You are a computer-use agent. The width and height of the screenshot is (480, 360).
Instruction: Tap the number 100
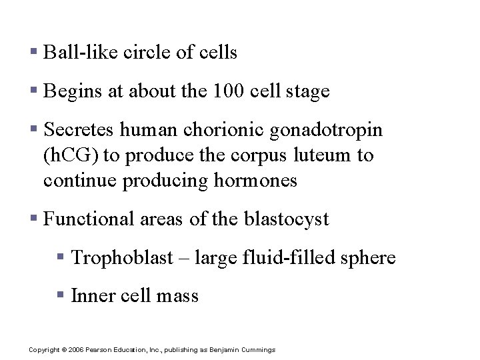pyautogui.click(x=227, y=91)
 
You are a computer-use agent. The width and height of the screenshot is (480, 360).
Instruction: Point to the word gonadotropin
pyautogui.click(x=326, y=130)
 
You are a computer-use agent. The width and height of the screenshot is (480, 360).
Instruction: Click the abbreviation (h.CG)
pyautogui.click(x=71, y=155)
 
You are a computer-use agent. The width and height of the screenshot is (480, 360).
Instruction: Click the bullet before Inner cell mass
pyautogui.click(x=61, y=295)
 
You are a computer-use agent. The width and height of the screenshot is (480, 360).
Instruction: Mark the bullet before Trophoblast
pyautogui.click(x=61, y=257)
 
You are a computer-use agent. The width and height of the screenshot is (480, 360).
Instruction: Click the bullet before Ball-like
pyautogui.click(x=33, y=52)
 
